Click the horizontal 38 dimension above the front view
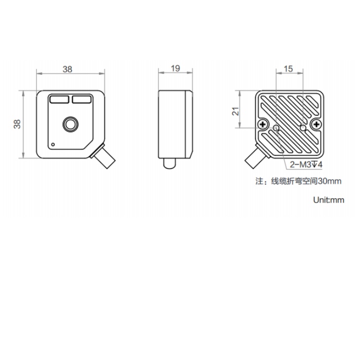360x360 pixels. click(x=68, y=69)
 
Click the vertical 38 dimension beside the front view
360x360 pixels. click(x=17, y=124)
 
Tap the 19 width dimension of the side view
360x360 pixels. click(x=175, y=68)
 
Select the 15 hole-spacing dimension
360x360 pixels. click(x=288, y=69)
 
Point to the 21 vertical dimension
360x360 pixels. click(x=236, y=111)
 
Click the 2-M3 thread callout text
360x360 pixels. click(x=306, y=164)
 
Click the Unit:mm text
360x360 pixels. click(x=328, y=200)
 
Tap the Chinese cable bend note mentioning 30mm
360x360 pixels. click(x=299, y=181)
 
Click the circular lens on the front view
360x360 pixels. click(x=71, y=124)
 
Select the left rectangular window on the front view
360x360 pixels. click(x=59, y=99)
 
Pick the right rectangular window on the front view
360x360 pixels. click(x=82, y=99)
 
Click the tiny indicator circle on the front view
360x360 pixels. click(x=53, y=144)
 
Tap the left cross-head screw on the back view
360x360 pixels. click(x=263, y=125)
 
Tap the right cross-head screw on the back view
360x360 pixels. click(x=317, y=125)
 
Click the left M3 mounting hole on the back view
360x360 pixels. click(x=276, y=128)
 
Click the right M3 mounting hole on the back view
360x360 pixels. click(x=303, y=128)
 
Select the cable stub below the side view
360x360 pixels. click(x=169, y=163)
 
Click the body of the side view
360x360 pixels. click(x=175, y=124)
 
